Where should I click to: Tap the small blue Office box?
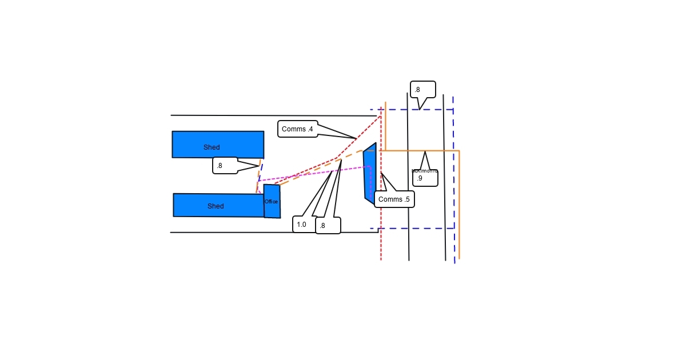coord(272,209)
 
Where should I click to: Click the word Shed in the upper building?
coord(212,147)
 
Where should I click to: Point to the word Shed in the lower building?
coord(216,206)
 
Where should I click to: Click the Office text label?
coord(271,202)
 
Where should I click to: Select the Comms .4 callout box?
coord(297,129)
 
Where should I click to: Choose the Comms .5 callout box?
coord(394,199)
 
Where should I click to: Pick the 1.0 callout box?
coord(302,225)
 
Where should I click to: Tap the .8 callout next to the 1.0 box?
coord(328,226)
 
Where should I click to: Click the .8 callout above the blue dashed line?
coord(422,90)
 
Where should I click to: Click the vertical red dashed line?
coord(381,240)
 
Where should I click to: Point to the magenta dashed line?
coord(314,174)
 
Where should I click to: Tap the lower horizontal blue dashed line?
coord(412,229)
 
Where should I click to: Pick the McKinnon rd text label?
coord(424,171)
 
